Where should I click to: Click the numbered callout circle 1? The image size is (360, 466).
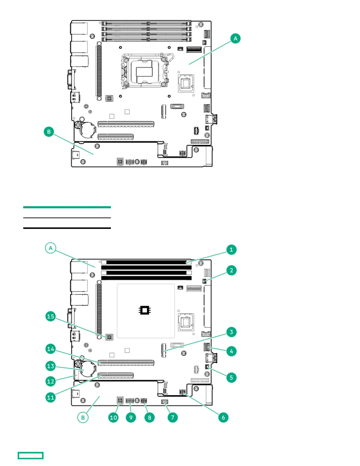[231, 250]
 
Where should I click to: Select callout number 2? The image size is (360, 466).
[231, 270]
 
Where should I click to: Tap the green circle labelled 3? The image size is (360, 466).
[231, 332]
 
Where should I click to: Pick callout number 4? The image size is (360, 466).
[231, 351]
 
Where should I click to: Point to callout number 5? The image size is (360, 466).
[231, 377]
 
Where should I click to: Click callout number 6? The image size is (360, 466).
[223, 417]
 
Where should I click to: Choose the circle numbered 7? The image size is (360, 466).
[173, 417]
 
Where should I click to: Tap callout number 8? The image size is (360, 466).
[149, 417]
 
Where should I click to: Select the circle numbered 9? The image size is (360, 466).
[131, 417]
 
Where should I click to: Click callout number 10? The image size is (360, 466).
[113, 417]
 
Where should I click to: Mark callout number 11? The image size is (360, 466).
[51, 397]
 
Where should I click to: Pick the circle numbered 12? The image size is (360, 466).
[51, 382]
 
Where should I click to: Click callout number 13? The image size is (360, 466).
[51, 366]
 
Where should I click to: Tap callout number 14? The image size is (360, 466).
[51, 349]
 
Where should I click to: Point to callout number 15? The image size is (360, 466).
[51, 316]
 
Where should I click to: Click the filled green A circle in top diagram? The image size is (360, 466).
[235, 39]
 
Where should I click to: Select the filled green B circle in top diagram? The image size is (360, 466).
[49, 132]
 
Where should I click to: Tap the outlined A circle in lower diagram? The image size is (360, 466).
[51, 248]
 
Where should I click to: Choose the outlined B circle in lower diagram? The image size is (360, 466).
[83, 417]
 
